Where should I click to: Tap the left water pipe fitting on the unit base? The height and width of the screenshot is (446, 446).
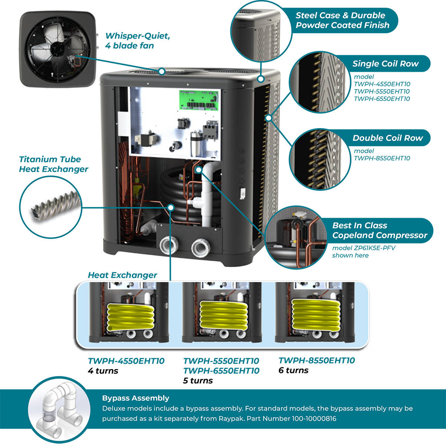(x=169, y=246)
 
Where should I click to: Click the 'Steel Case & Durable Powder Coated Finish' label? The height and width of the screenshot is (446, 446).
(x=342, y=20)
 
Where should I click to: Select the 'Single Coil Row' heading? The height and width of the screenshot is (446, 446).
(x=385, y=64)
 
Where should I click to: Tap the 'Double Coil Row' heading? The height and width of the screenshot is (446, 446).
(x=388, y=138)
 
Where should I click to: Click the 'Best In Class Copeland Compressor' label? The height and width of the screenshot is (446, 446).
(x=379, y=230)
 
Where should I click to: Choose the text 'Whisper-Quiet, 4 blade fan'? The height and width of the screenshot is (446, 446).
(x=137, y=41)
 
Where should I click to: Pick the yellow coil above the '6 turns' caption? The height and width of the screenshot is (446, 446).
(x=316, y=314)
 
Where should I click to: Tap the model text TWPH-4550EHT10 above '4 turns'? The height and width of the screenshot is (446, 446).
(x=126, y=361)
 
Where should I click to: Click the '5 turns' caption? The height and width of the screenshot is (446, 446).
(x=198, y=381)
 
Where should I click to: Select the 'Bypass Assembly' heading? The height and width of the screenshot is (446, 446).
(x=136, y=398)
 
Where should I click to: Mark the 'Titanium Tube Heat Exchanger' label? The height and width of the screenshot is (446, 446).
(x=54, y=164)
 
